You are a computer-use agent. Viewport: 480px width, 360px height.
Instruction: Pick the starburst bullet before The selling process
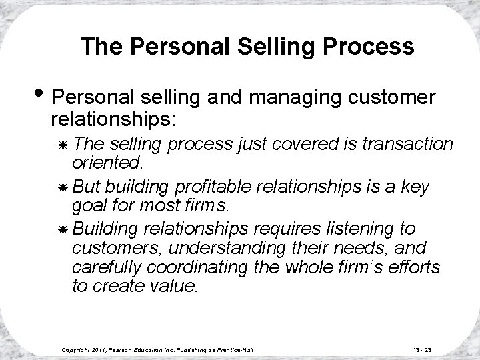pos(62,145)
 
